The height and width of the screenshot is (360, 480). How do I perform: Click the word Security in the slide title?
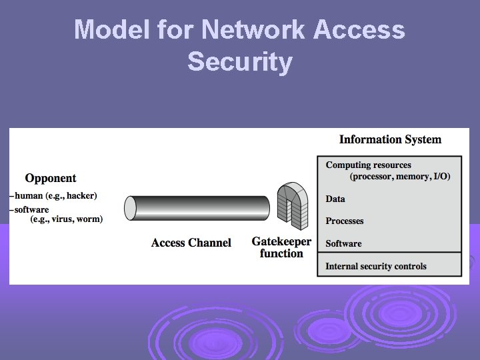(x=240, y=62)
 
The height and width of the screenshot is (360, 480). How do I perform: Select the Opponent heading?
(x=51, y=178)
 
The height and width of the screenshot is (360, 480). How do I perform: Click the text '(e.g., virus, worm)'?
(x=67, y=219)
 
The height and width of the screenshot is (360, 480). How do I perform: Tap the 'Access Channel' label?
(x=191, y=243)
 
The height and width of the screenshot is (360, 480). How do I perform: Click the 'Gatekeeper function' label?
(x=281, y=247)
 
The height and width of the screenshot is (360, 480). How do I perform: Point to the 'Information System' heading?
(x=390, y=139)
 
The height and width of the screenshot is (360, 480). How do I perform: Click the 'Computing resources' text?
(x=368, y=165)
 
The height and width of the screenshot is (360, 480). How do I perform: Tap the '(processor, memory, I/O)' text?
(x=400, y=176)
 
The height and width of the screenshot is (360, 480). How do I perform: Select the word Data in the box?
(x=335, y=199)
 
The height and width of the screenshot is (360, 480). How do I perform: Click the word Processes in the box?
(x=345, y=221)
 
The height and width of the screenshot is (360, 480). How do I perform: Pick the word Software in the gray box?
(x=343, y=243)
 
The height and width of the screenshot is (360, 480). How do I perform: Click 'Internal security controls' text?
(x=375, y=266)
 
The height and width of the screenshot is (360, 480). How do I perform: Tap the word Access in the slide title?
(x=361, y=30)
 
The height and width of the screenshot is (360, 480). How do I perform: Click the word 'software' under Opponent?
(x=32, y=209)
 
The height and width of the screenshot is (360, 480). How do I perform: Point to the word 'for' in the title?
(x=177, y=30)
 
